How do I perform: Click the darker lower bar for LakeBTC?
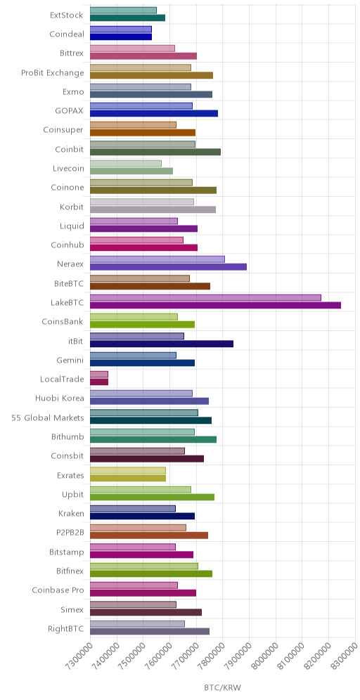[x=215, y=305]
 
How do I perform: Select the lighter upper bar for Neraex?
[x=157, y=259]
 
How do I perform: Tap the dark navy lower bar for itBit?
[x=162, y=344]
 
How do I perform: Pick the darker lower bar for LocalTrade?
[x=99, y=382]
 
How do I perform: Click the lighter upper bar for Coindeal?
[x=121, y=29]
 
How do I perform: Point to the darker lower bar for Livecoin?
[x=131, y=171]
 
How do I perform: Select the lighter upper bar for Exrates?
[x=128, y=471]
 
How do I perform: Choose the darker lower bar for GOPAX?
[x=154, y=113]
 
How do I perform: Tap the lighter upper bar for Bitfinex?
[x=144, y=566]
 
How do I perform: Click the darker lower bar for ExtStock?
[x=128, y=18]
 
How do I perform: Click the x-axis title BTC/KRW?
[x=222, y=687]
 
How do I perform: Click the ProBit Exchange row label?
[x=53, y=73]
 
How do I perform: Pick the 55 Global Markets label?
[x=48, y=418]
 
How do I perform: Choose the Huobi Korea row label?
[x=60, y=398]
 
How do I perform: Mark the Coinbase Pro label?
[x=58, y=590]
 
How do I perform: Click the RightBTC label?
[x=66, y=628]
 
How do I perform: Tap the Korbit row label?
[x=72, y=207]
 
